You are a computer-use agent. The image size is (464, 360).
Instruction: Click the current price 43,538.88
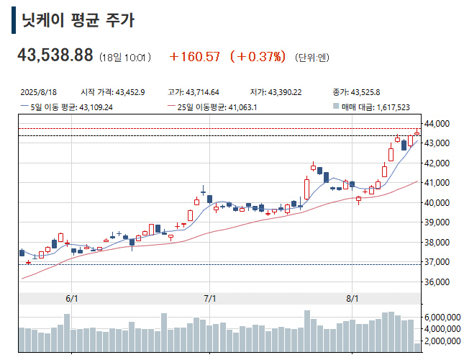55,55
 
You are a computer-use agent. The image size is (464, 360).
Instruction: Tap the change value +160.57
194,56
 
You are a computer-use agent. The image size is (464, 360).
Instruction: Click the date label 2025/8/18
40,92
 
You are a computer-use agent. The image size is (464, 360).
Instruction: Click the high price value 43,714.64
203,92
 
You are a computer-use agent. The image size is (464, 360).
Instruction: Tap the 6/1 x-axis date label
72,298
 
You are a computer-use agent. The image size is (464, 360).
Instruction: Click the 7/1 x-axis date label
210,298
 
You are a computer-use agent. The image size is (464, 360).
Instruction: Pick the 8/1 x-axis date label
352,298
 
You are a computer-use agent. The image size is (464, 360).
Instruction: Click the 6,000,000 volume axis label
443,317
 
